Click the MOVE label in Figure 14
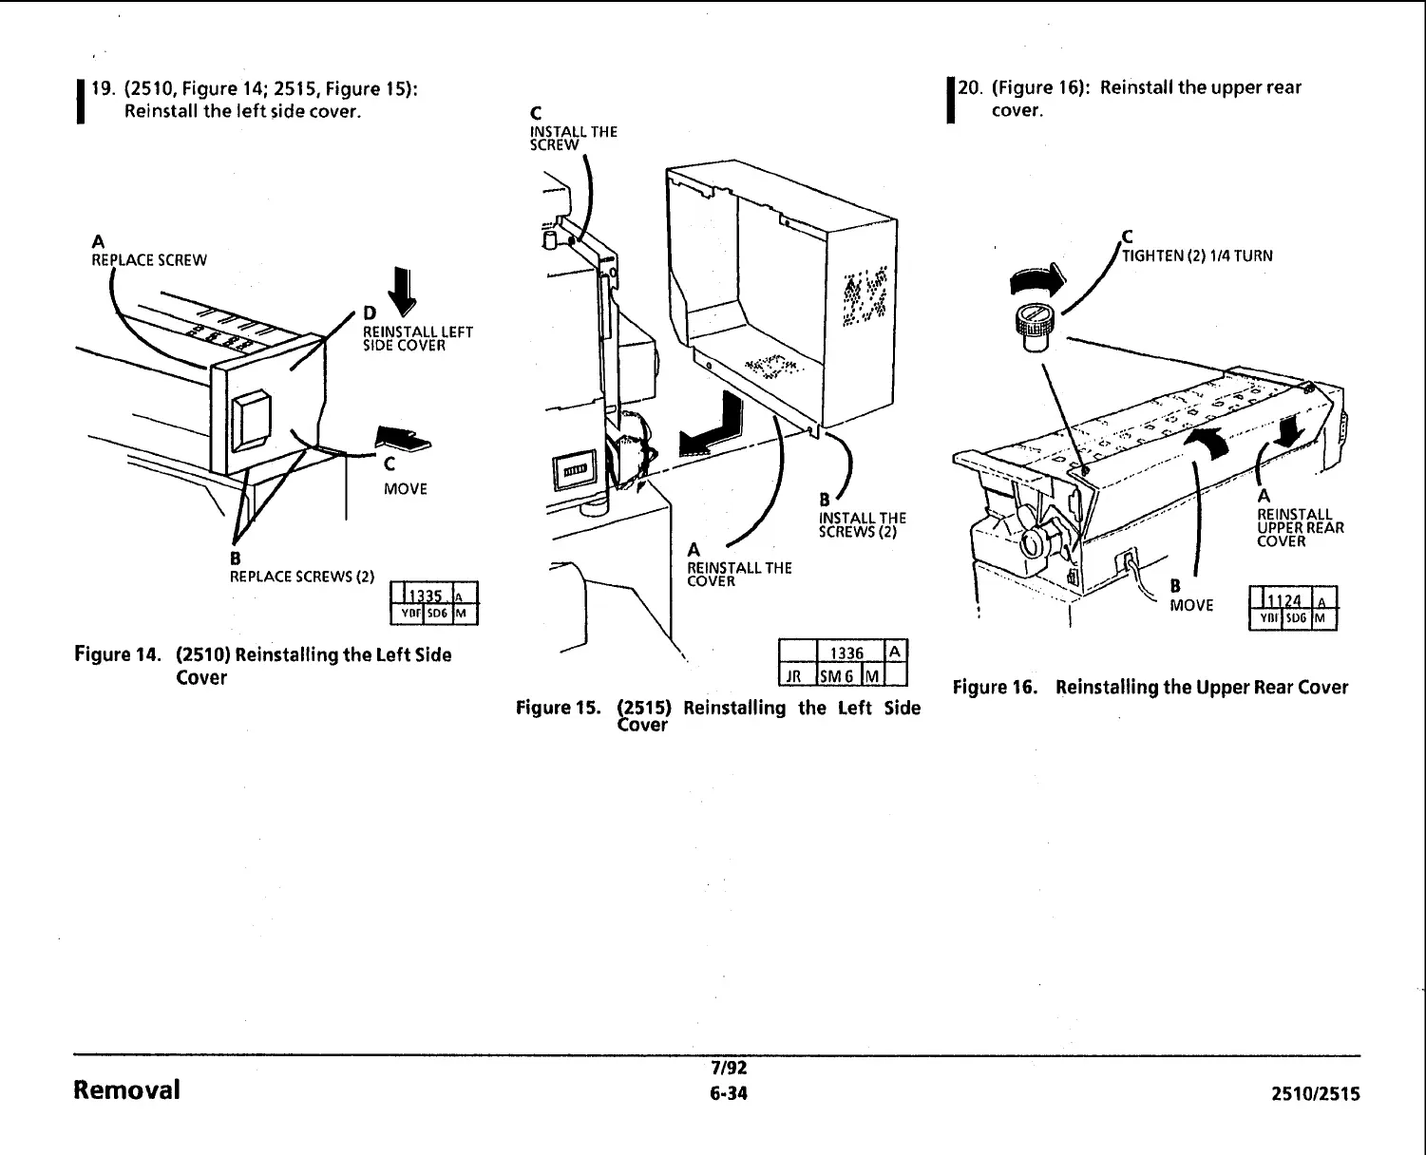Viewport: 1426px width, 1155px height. tap(406, 489)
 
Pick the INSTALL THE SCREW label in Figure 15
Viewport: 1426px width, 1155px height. tap(573, 139)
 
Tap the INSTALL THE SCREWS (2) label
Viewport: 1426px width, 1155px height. tap(862, 525)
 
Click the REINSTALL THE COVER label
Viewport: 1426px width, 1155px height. tap(738, 575)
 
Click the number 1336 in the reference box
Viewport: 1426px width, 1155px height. tap(846, 653)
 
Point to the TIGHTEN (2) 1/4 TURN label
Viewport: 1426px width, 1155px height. tap(1197, 256)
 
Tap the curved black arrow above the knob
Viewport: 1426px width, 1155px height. tap(1038, 277)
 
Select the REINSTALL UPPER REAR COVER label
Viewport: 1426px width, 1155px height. tap(1299, 528)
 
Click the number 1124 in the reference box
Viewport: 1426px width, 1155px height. tap(1286, 600)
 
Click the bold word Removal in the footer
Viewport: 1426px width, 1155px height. tap(126, 1089)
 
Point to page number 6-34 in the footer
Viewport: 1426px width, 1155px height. tap(729, 1093)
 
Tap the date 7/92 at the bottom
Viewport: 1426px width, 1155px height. tap(729, 1069)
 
